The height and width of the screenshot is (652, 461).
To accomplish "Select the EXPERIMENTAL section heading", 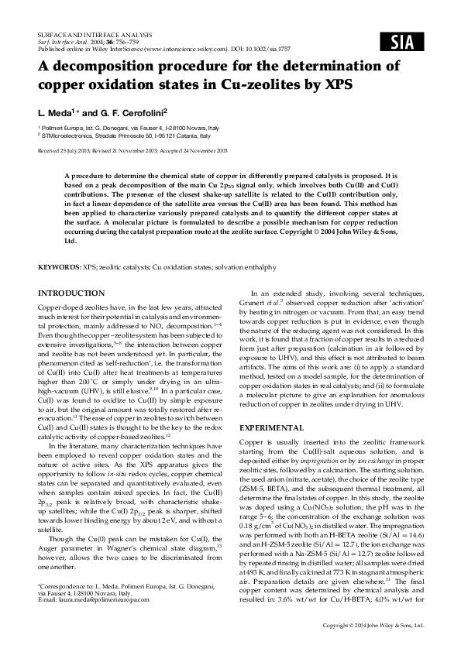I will point(272,427).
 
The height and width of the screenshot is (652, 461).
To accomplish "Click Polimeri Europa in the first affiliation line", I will point(61,126).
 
